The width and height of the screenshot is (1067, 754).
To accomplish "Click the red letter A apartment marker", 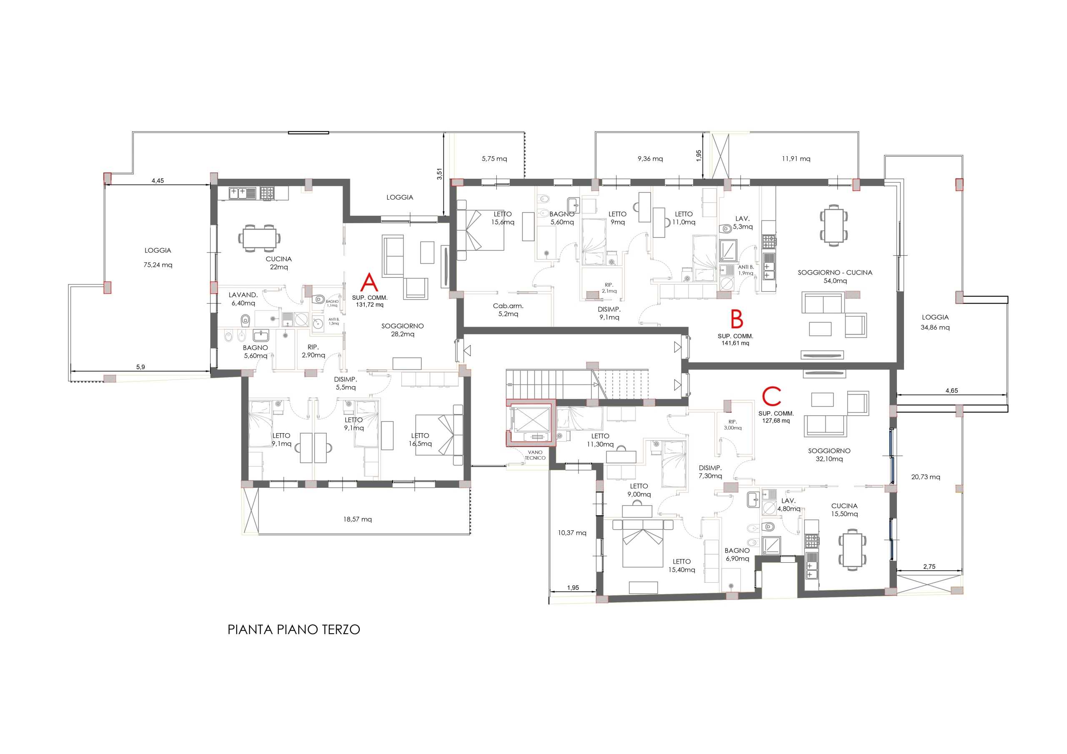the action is pyautogui.click(x=369, y=282).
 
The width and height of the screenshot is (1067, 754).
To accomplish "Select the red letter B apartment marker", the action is pyautogui.click(x=736, y=320).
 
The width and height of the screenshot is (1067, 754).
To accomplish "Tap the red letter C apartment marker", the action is pyautogui.click(x=771, y=396).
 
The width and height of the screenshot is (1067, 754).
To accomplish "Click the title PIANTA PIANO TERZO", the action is pyautogui.click(x=294, y=630).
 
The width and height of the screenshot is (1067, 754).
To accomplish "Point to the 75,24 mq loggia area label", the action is pyautogui.click(x=158, y=265).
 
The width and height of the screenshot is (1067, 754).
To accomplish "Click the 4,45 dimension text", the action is pyautogui.click(x=158, y=181).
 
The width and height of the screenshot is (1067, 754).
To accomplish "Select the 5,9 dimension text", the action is pyautogui.click(x=140, y=367).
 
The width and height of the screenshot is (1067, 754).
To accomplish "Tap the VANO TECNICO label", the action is pyautogui.click(x=535, y=455).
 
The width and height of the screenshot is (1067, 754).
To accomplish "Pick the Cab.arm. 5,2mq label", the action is pyautogui.click(x=508, y=310).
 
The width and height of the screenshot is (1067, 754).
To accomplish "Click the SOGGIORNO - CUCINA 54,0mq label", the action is pyautogui.click(x=835, y=277).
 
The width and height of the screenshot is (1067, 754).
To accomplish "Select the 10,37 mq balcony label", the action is pyautogui.click(x=572, y=533).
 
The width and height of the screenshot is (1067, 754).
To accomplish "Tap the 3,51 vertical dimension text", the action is pyautogui.click(x=440, y=174).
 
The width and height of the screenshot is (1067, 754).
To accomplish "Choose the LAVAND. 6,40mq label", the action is pyautogui.click(x=243, y=299).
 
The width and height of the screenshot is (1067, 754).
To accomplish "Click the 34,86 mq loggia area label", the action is pyautogui.click(x=935, y=327).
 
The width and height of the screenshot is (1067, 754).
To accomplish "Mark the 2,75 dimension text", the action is pyautogui.click(x=929, y=567).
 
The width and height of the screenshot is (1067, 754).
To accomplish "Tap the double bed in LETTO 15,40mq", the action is pyautogui.click(x=643, y=544).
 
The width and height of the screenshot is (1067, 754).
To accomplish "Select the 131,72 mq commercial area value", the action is pyautogui.click(x=369, y=305).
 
